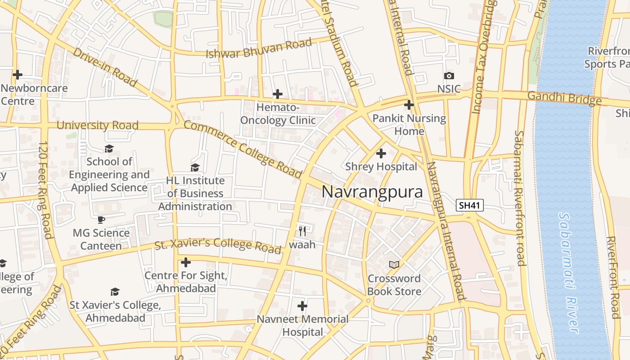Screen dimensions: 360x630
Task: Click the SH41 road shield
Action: (469, 206)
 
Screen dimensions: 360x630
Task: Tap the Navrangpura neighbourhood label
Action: (372, 192)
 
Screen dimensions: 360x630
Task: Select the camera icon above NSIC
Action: (449, 76)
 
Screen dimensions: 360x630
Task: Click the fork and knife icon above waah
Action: (302, 231)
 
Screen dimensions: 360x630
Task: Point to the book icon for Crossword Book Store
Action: (394, 265)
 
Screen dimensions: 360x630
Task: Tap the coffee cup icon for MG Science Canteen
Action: (101, 220)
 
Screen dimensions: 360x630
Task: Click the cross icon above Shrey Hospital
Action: (381, 153)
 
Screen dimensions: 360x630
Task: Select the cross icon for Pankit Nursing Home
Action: (409, 105)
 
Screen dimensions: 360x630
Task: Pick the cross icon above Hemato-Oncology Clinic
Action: (278, 94)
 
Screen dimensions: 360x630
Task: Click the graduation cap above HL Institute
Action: (195, 167)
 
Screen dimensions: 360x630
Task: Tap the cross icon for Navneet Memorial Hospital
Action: (302, 306)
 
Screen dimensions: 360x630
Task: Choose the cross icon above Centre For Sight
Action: (185, 262)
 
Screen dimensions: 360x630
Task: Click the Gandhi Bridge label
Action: (564, 98)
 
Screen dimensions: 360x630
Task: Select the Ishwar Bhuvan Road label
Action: (259, 49)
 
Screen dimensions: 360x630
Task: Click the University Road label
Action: (97, 126)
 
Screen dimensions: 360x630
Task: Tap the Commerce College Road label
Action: (243, 149)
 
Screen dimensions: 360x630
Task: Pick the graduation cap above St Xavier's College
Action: (115, 292)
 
